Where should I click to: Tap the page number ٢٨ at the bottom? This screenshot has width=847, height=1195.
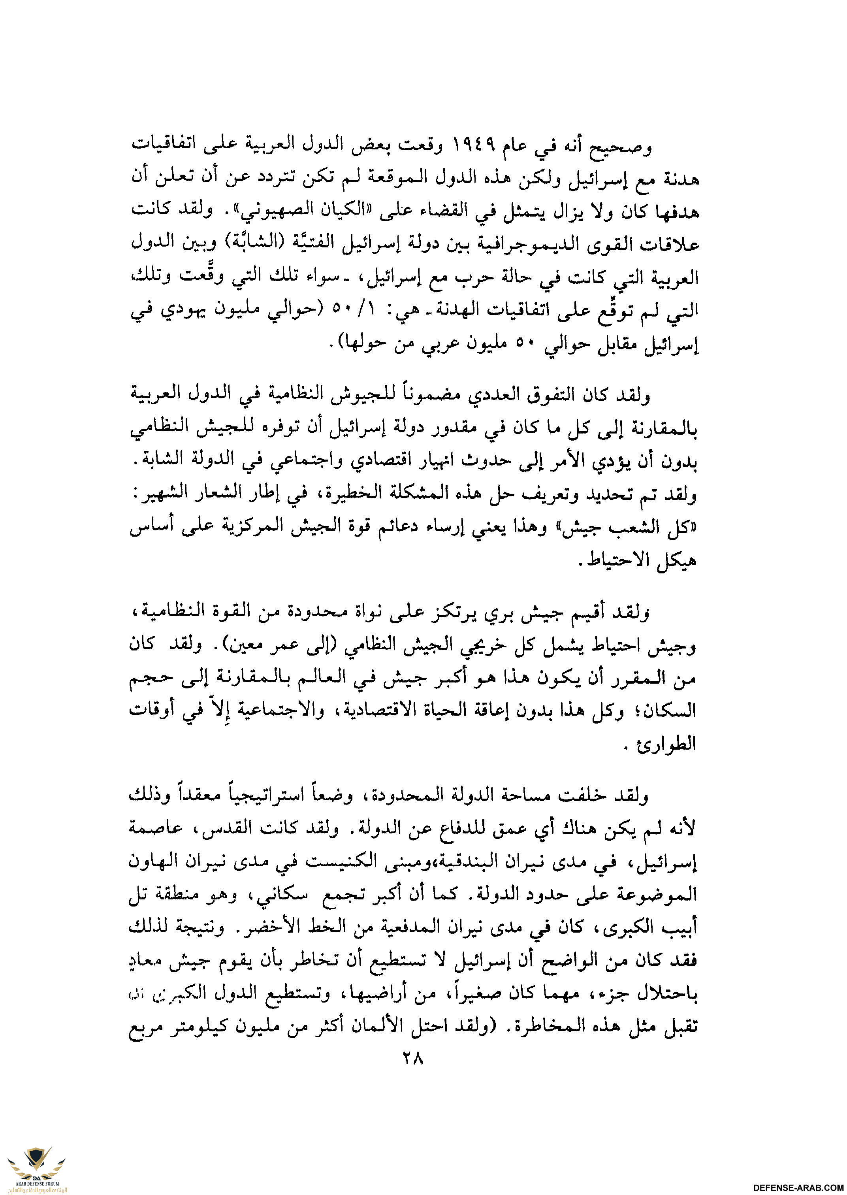click(412, 1059)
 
